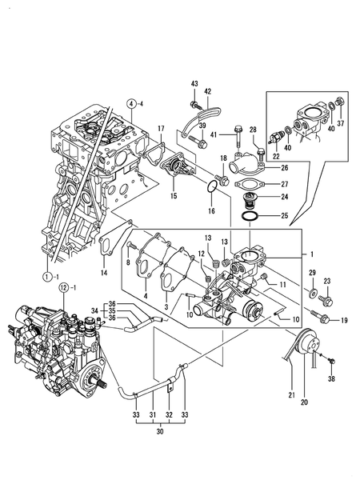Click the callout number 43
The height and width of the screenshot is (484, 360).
(194, 84)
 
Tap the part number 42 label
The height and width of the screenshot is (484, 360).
(208, 91)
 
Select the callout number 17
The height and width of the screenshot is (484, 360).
(161, 129)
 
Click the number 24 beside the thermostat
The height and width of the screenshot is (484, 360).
(284, 197)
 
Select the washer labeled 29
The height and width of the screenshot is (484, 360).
(313, 292)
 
